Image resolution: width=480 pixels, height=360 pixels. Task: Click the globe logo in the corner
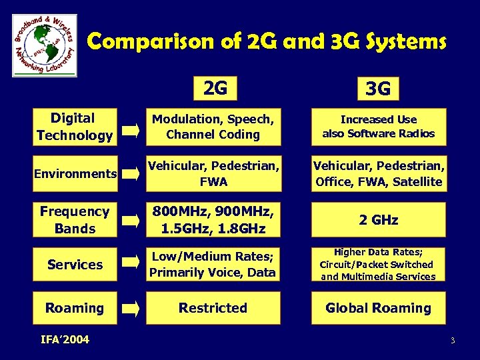(45, 45)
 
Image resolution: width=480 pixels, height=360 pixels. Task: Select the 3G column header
(378, 88)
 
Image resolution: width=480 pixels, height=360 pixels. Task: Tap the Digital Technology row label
(75, 127)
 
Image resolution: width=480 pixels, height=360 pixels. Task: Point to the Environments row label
(75, 174)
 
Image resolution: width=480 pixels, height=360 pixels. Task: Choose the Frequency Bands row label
(75, 220)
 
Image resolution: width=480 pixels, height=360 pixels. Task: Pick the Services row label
(75, 265)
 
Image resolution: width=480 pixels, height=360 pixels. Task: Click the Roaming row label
(75, 308)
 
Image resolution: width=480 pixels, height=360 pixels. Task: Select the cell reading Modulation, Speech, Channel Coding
(213, 127)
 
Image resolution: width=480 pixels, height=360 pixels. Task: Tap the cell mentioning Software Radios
(378, 127)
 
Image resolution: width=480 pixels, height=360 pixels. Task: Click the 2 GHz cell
(378, 220)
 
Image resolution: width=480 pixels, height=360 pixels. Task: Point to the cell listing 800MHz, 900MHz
(213, 220)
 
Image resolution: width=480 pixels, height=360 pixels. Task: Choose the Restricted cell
(213, 308)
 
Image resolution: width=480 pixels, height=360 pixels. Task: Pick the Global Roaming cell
(378, 308)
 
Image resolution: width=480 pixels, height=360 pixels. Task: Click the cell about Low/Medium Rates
(213, 264)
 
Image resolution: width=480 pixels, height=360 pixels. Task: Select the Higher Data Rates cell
(378, 264)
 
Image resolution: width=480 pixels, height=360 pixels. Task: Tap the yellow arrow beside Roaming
(131, 309)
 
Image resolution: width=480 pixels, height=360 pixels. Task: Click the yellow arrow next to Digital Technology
(131, 129)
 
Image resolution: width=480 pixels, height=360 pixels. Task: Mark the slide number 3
(452, 341)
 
